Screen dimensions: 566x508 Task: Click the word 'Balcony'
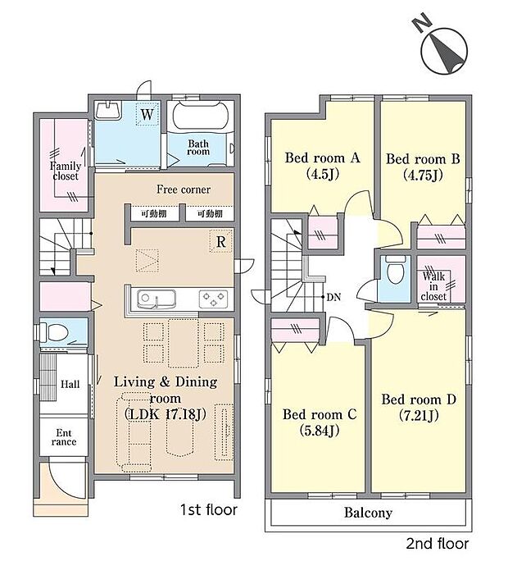[x=366, y=514]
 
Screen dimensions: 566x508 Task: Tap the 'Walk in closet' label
[x=434, y=286]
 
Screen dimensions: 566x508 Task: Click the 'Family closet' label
[x=65, y=171]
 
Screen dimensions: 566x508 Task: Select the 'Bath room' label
[x=199, y=148]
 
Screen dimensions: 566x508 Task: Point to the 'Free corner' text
[x=184, y=189]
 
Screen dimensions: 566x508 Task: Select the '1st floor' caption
[x=208, y=510]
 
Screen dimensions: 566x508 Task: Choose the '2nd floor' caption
[x=438, y=543]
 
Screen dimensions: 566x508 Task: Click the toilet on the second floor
[x=393, y=272]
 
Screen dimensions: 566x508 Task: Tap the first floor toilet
[x=55, y=332]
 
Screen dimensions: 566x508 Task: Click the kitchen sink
[x=152, y=298]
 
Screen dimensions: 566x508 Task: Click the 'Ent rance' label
[x=64, y=436]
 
